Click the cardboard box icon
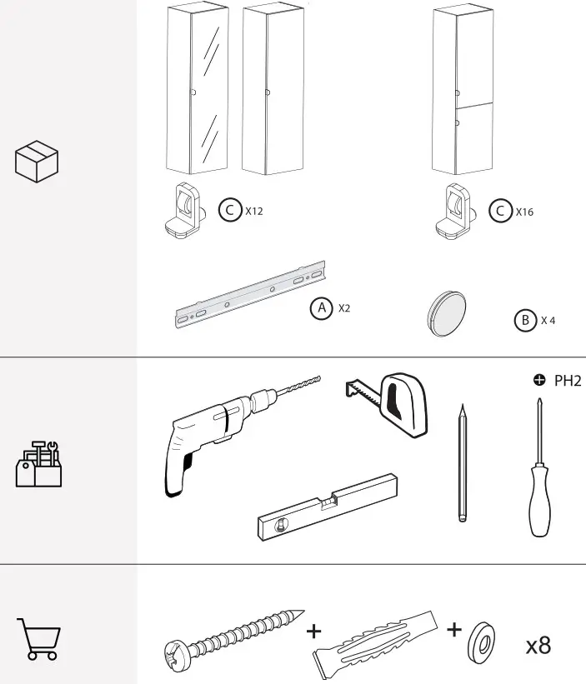point(37,161)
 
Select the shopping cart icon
point(38,639)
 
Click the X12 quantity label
point(254,212)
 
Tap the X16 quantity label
point(524,212)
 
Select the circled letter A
point(321,308)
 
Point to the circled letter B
point(524,321)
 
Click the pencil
point(463,463)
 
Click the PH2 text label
point(567,382)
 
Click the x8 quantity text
point(538,646)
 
